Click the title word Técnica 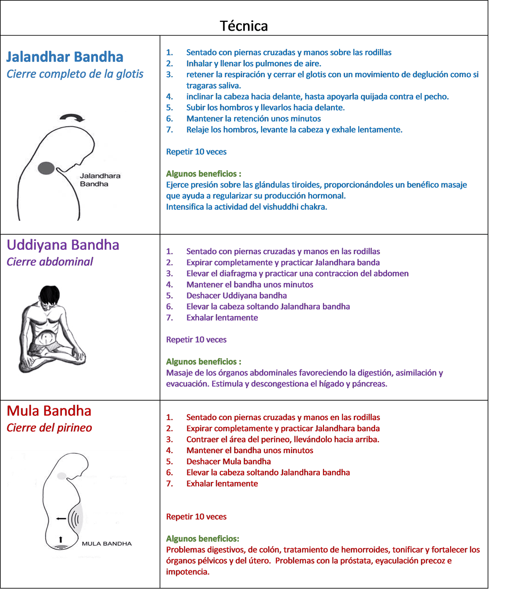244,26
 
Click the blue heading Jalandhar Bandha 65,57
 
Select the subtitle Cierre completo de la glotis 75,74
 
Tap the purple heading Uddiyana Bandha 63,245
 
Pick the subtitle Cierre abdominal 50,262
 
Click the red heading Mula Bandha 49,411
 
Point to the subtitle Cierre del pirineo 49,428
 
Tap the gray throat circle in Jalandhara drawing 46,168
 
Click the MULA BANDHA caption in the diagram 106,544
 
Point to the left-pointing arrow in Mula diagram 61,519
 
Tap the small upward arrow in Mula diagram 60,539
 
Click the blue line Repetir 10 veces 196,152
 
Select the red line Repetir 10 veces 196,517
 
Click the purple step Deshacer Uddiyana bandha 236,296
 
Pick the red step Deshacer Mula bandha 228,461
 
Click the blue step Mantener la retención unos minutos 254,119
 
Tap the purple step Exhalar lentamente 222,317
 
